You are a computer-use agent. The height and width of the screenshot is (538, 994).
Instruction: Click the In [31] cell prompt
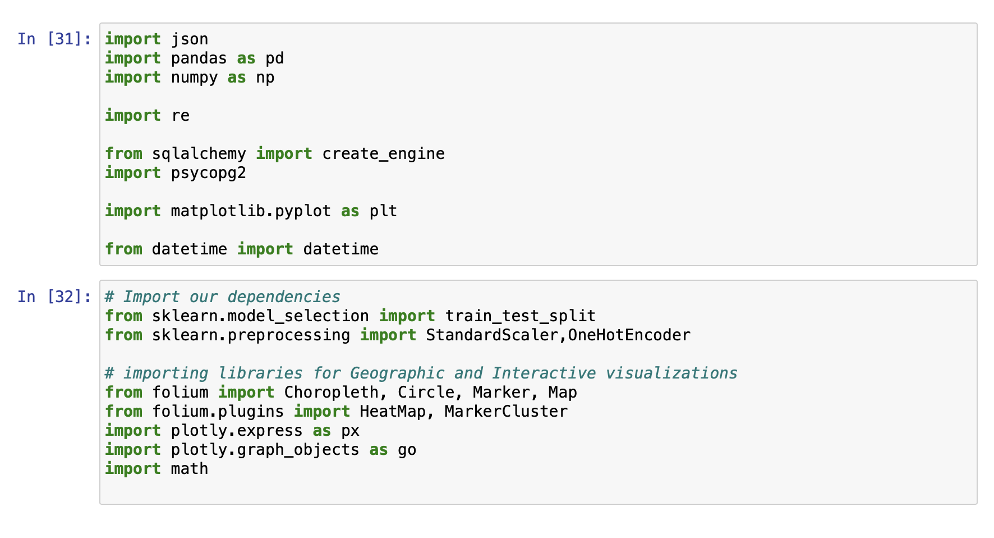pos(54,39)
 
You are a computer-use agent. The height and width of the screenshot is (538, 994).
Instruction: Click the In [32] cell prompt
pos(54,297)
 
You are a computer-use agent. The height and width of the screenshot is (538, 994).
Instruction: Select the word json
pos(190,39)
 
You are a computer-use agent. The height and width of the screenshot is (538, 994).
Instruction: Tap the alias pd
pos(275,58)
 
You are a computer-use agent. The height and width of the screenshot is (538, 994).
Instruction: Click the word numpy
pos(195,77)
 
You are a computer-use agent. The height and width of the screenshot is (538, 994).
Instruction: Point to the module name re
pos(181,116)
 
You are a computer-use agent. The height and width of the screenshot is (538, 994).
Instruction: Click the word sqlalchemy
pos(199,154)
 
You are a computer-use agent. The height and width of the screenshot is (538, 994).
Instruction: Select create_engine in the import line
pos(384,154)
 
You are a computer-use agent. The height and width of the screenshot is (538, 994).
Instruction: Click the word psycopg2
pos(209,173)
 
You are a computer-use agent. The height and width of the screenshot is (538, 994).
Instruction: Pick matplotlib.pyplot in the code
pos(251,211)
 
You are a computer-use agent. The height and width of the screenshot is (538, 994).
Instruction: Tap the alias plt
pos(384,211)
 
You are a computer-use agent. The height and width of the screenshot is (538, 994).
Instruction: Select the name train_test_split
pos(521,316)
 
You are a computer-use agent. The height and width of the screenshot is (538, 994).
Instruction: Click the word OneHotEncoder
pos(629,335)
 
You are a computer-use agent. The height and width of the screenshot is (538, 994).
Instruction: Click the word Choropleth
pos(332,393)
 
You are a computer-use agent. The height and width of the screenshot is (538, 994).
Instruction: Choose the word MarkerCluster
pos(507,412)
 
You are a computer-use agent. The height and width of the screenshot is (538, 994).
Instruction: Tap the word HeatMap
pos(393,412)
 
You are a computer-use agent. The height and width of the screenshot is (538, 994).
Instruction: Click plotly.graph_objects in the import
pos(265,450)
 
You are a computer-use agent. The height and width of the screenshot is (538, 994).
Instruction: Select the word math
pos(190,469)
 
